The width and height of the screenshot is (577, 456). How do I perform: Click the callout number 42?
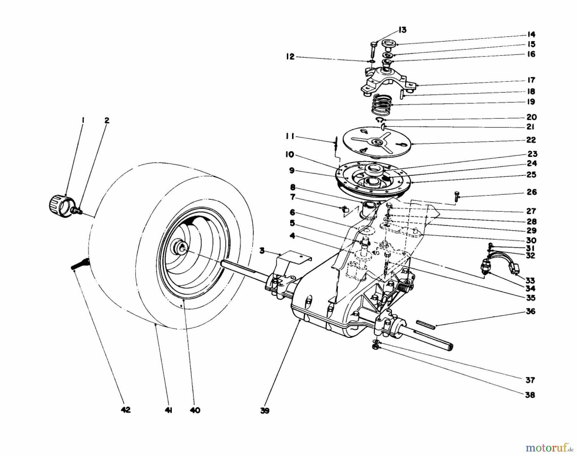[x=126, y=410]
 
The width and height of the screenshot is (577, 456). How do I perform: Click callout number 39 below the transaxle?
[x=265, y=411]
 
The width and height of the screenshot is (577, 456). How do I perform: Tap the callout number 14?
[x=531, y=34]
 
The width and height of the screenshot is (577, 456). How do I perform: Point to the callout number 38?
[x=530, y=395]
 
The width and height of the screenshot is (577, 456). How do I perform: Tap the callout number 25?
[x=531, y=175]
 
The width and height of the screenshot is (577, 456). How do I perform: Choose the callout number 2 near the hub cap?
[x=107, y=120]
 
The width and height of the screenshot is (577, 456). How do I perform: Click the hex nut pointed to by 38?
[x=376, y=347]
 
